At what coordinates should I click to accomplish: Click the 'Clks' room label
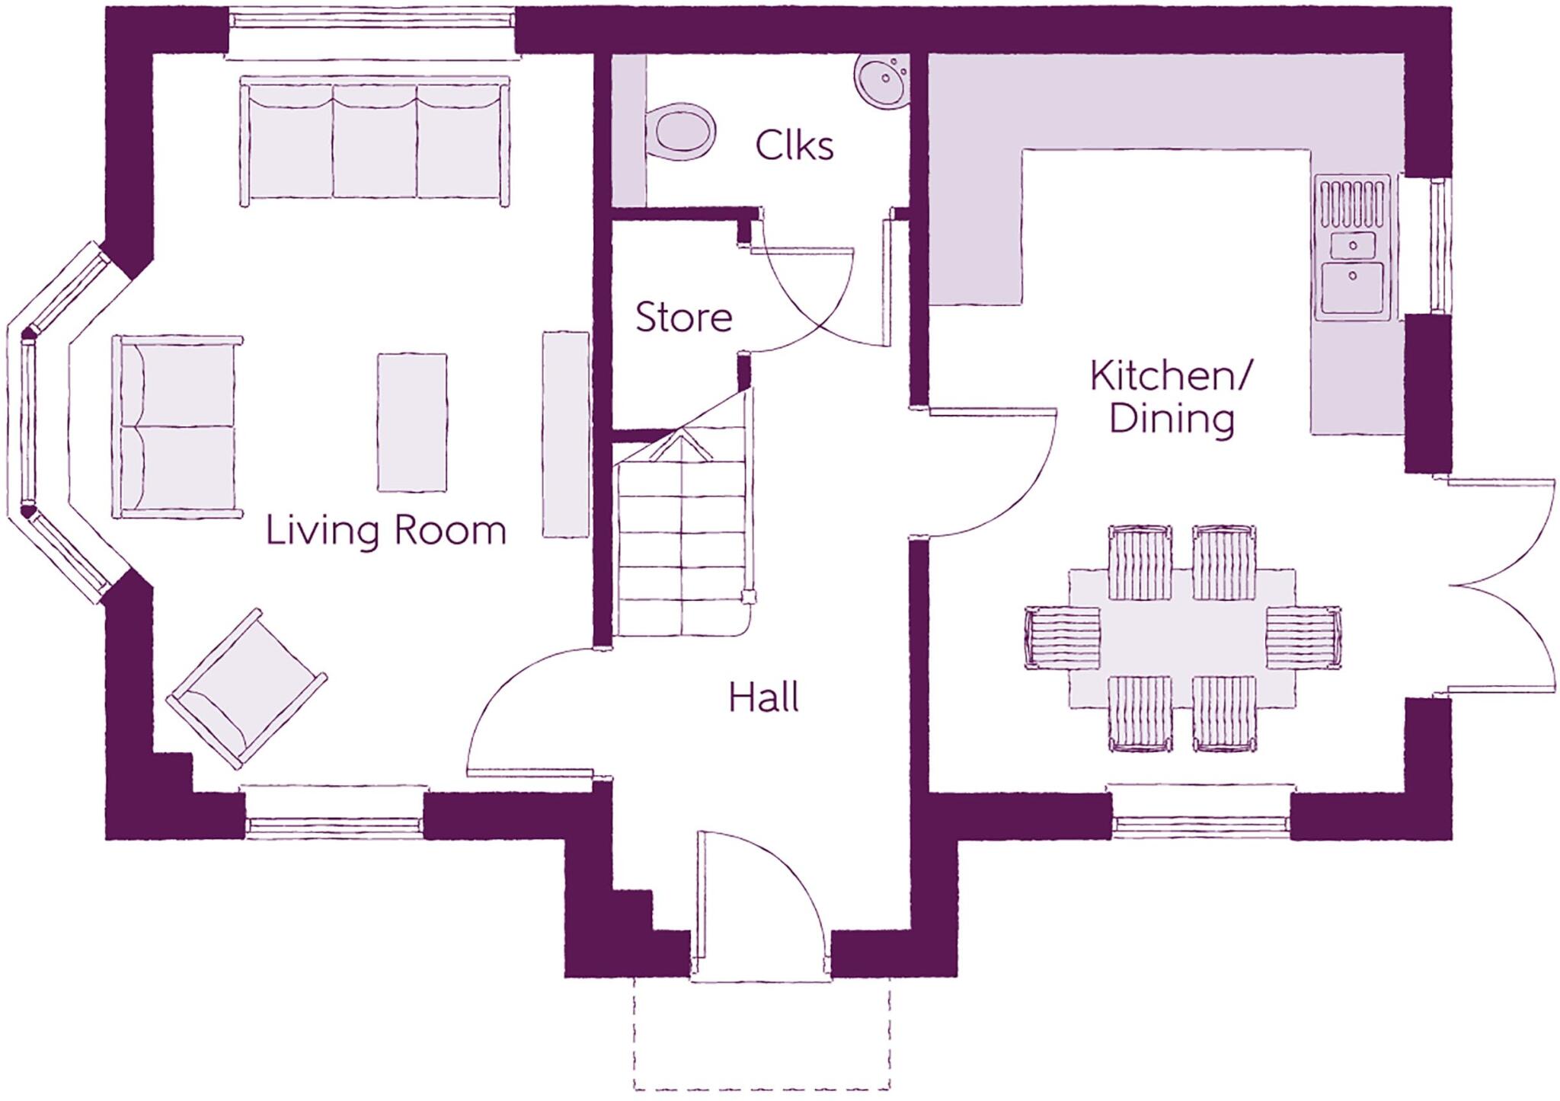[x=794, y=145]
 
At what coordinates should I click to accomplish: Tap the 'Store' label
[x=683, y=318]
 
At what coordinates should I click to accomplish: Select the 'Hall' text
[x=763, y=697]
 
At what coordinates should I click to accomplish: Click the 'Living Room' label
[x=385, y=530]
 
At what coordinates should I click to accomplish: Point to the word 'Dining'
[x=1171, y=420]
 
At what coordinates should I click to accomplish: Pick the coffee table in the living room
[x=412, y=422]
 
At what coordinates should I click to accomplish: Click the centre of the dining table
[x=1181, y=638]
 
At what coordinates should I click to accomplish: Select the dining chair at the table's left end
[x=1062, y=638]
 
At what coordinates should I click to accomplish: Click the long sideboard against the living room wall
[x=565, y=434]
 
